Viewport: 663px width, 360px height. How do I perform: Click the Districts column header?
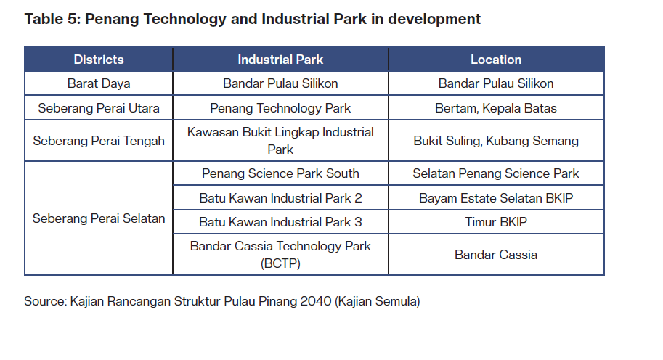click(x=99, y=60)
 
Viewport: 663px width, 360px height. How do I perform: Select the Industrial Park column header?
click(x=280, y=60)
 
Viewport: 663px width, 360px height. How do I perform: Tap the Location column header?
click(x=496, y=60)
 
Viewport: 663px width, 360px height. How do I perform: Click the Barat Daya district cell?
click(x=99, y=83)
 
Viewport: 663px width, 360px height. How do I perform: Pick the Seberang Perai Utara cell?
click(x=99, y=108)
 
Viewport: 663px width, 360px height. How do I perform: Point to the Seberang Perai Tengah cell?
click(x=99, y=141)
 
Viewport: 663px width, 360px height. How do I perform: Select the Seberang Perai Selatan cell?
click(x=99, y=218)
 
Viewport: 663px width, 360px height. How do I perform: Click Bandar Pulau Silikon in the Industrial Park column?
click(x=280, y=83)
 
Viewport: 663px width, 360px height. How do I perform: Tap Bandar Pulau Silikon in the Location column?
click(x=496, y=83)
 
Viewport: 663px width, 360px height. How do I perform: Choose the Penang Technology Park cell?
click(x=280, y=108)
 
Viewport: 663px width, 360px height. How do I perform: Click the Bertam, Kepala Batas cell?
click(x=496, y=108)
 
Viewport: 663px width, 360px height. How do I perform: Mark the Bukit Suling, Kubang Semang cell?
click(x=496, y=141)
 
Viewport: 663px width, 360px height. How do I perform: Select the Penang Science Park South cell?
click(x=280, y=173)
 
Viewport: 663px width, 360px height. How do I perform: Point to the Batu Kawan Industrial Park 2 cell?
click(x=280, y=198)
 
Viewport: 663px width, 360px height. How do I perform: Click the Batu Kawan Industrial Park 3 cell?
click(x=280, y=222)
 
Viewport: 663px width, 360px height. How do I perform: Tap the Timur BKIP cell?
click(x=496, y=222)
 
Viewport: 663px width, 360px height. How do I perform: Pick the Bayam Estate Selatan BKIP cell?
click(x=496, y=198)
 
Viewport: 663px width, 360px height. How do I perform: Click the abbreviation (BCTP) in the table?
click(x=280, y=263)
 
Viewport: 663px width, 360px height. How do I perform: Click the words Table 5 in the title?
click(x=52, y=19)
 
